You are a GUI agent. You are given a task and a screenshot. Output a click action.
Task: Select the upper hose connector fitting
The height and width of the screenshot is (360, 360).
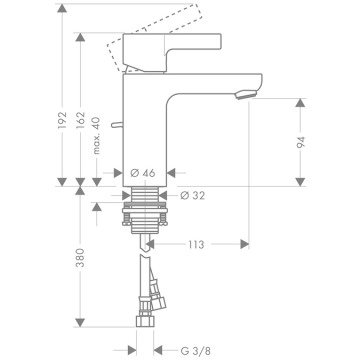[x=154, y=296]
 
